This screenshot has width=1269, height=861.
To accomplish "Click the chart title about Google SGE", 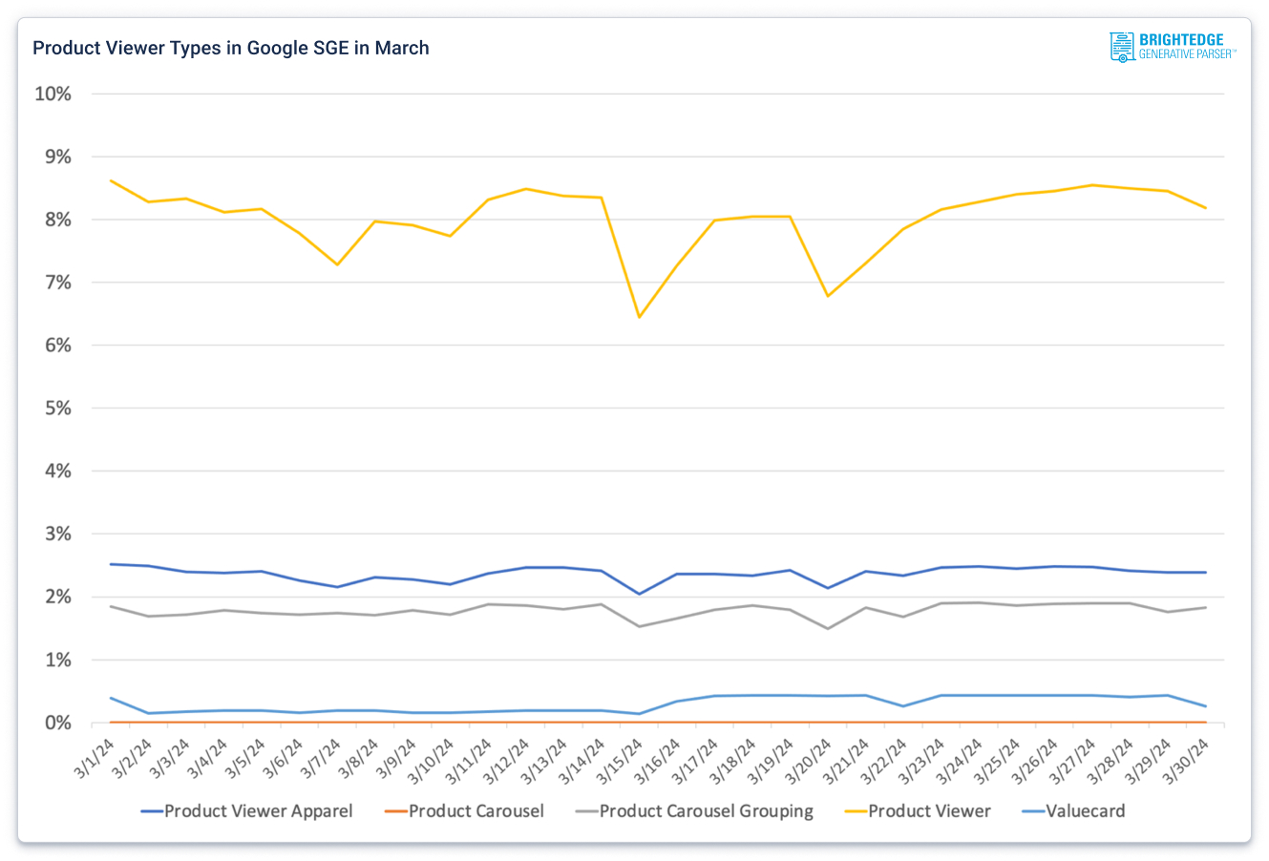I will pyautogui.click(x=231, y=48).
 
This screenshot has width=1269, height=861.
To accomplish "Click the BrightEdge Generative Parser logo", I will pyautogui.click(x=1173, y=47).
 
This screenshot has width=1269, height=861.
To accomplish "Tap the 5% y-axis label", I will pyautogui.click(x=55, y=409).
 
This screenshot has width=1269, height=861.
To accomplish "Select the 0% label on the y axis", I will pyautogui.click(x=55, y=723).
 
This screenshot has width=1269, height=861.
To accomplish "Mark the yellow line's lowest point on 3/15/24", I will pyautogui.click(x=639, y=317).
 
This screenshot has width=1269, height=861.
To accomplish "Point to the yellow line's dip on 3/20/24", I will pyautogui.click(x=827, y=296).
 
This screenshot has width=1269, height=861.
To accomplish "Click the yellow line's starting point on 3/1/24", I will pyautogui.click(x=112, y=180).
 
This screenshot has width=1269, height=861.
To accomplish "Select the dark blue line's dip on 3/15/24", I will pyautogui.click(x=639, y=594).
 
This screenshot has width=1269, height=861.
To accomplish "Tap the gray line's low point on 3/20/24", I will pyautogui.click(x=827, y=628).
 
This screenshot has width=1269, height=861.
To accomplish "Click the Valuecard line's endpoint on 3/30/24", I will pyautogui.click(x=1205, y=706).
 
